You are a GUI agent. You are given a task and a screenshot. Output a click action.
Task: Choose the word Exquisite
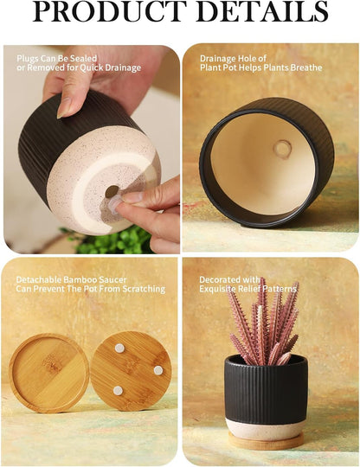[220, 290]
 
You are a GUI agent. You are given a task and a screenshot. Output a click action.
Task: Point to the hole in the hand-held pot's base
[112, 190]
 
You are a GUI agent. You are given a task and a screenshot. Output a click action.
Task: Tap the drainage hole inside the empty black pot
[281, 149]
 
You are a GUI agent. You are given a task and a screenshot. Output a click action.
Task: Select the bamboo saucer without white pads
[48, 373]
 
